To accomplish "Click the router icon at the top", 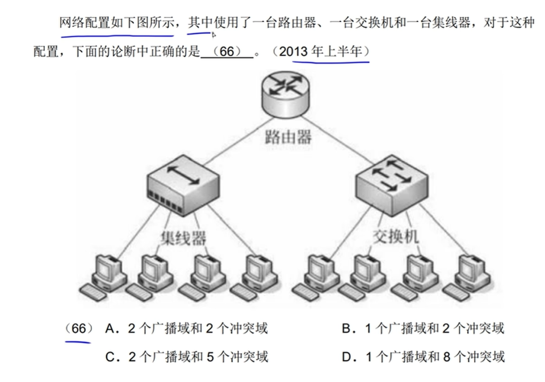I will [x=286, y=94].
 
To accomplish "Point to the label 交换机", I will [x=396, y=236].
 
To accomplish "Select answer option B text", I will [x=423, y=328].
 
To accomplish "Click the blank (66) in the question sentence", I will [x=227, y=52].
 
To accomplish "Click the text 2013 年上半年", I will [x=324, y=52].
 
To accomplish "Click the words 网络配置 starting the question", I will [x=84, y=23].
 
